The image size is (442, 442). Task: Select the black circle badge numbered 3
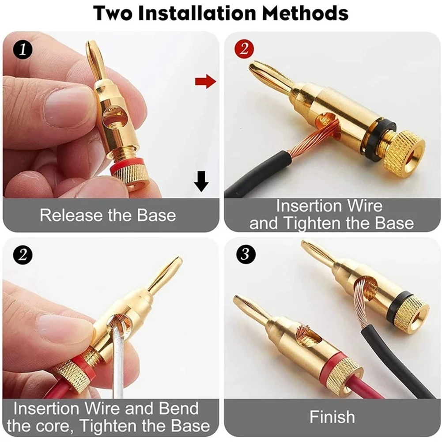(244, 254)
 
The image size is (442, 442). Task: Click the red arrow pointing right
(205, 81)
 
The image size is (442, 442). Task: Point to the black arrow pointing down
(201, 181)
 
